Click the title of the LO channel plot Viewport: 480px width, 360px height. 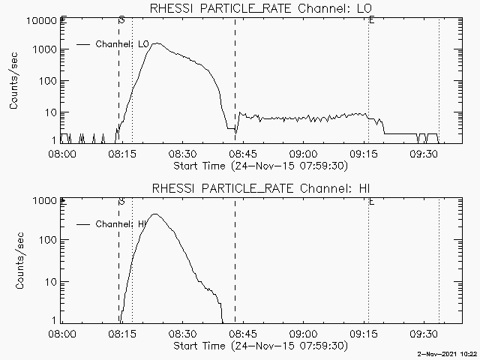click(x=262, y=8)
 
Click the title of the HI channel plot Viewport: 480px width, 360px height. click(x=262, y=188)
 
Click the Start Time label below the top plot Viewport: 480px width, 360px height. click(x=259, y=165)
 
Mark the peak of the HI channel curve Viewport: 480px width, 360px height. click(x=156, y=214)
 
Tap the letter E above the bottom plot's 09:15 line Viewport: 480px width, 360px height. click(x=372, y=201)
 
